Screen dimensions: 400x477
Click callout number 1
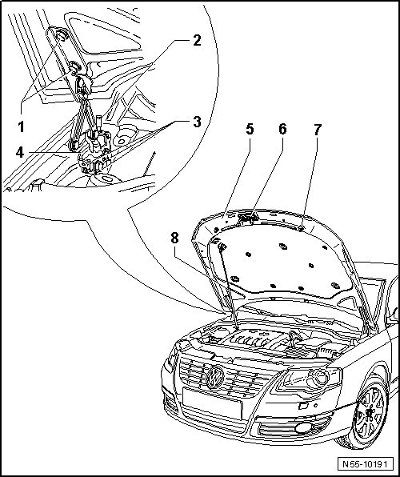click(x=21, y=126)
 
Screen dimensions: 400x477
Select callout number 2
click(x=197, y=40)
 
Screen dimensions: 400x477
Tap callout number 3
click(x=197, y=122)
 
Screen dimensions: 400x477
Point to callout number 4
click(x=20, y=152)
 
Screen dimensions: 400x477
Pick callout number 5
click(x=250, y=129)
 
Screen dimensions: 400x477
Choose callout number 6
click(x=282, y=129)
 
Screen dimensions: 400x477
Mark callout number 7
click(x=318, y=130)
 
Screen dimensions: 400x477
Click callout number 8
click(x=174, y=238)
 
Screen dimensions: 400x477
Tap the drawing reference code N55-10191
click(x=365, y=464)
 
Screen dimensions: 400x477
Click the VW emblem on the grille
click(x=215, y=378)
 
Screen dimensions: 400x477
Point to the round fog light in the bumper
click(x=303, y=427)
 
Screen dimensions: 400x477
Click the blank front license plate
click(x=212, y=403)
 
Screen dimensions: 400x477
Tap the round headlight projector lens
click(x=318, y=378)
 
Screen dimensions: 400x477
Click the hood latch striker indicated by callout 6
click(x=249, y=218)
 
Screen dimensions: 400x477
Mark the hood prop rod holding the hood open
click(x=228, y=286)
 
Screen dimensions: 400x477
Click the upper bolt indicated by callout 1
click(x=62, y=35)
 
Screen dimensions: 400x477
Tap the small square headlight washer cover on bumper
click(x=303, y=405)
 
